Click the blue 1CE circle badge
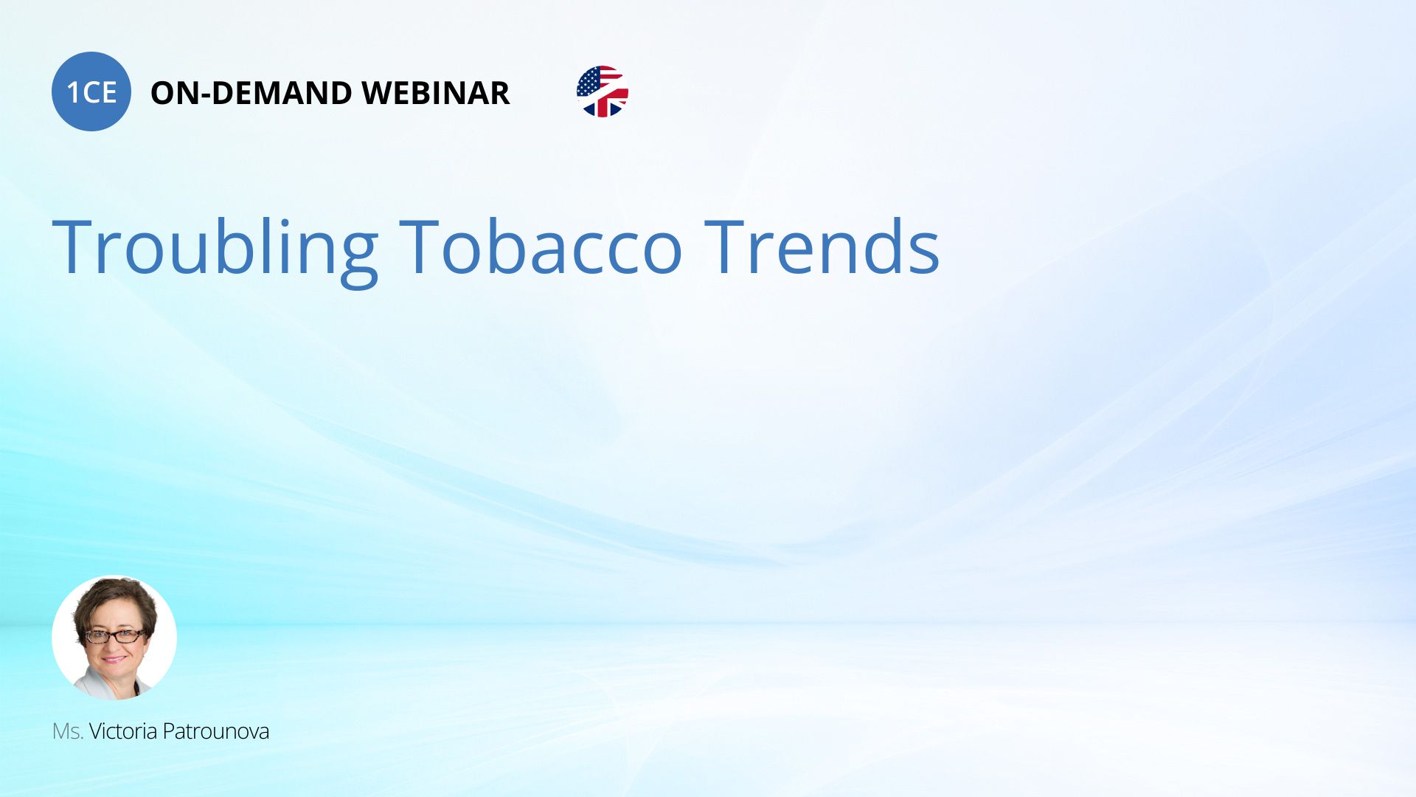(91, 92)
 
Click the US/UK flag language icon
(603, 92)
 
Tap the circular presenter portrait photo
(114, 638)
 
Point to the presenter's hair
(117, 601)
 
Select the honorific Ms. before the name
(68, 731)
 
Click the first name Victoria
(123, 731)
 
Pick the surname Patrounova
(216, 731)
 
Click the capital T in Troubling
(76, 246)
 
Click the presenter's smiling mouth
(115, 658)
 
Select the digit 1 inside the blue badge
(73, 92)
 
